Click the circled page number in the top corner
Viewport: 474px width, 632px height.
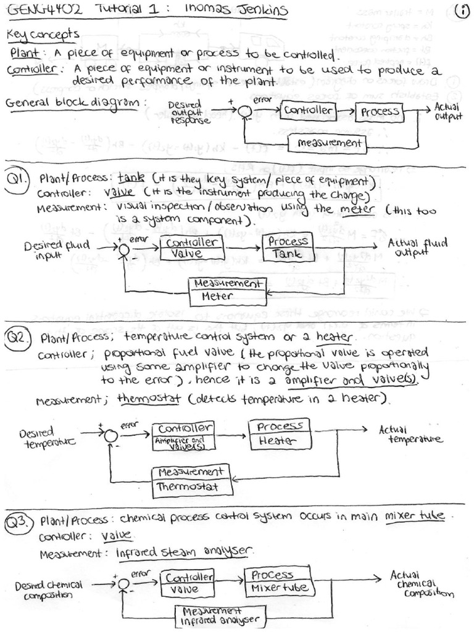tap(460, 11)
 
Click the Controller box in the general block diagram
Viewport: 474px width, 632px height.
tap(307, 111)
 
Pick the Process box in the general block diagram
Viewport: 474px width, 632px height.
tap(380, 112)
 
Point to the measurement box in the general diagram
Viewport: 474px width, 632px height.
tap(328, 144)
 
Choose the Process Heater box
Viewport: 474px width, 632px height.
tap(280, 434)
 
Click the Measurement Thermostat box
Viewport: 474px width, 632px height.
tap(194, 479)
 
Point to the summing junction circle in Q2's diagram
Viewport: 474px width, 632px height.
tap(110, 435)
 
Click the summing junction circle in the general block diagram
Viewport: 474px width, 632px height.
tap(244, 111)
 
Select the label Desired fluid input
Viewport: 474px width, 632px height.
tap(57, 249)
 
